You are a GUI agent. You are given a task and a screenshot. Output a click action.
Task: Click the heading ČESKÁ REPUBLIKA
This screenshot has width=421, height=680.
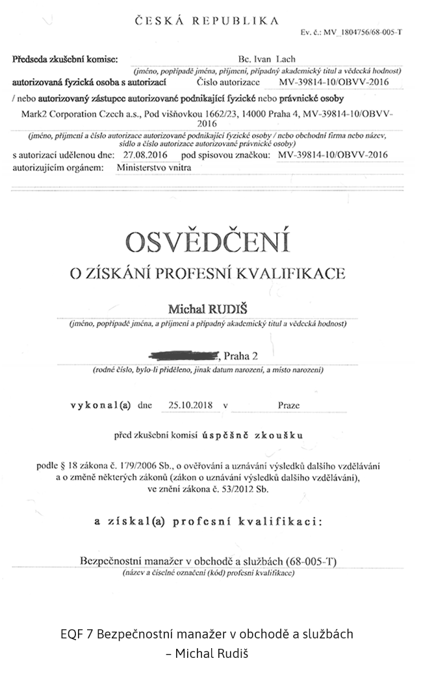pos(206,21)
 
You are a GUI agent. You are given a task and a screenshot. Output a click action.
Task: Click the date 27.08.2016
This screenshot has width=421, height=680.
pos(141,155)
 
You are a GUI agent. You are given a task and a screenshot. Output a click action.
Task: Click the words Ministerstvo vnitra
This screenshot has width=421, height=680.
pos(154,167)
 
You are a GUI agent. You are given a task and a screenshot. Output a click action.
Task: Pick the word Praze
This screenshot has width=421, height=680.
pos(288,405)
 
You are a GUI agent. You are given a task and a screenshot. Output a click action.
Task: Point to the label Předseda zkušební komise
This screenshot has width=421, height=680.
pos(66,59)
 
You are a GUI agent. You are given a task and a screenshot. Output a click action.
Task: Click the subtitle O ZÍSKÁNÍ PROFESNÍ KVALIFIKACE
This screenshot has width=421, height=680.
pos(207,274)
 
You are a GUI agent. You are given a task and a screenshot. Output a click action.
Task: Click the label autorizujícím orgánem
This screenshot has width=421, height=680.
pos(58,167)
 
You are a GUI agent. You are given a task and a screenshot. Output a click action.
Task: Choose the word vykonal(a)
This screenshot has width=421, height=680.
pos(101,405)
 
